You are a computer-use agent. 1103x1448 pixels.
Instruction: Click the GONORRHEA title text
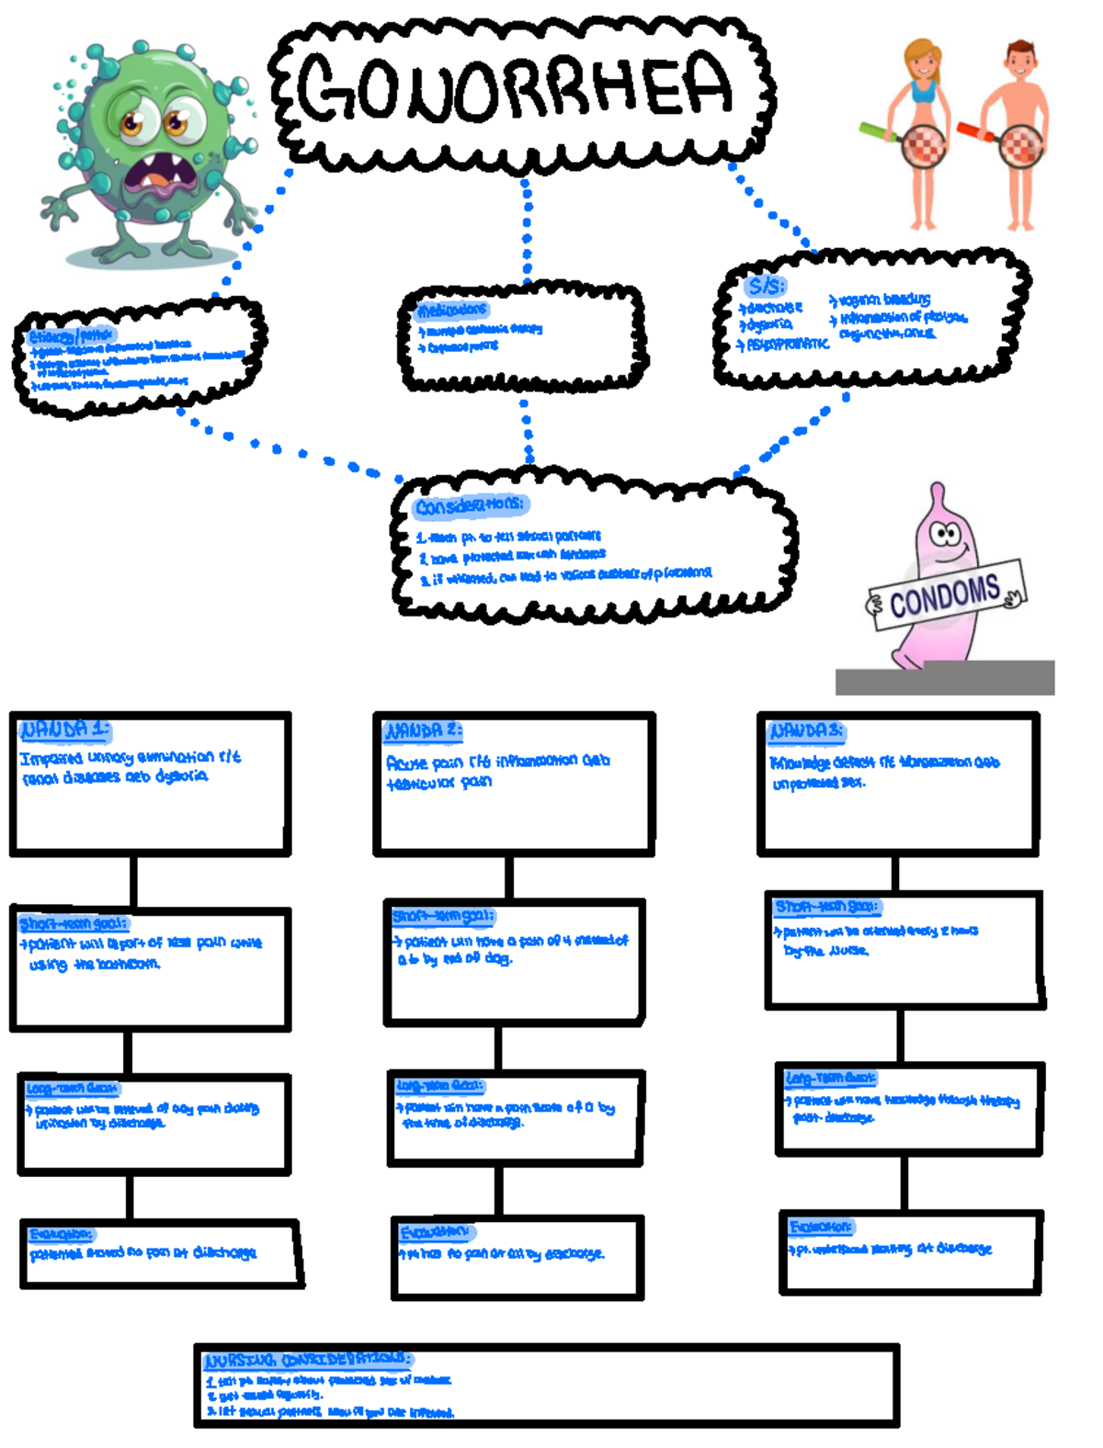pos(515,87)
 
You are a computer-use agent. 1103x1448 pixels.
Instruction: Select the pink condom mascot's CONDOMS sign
pos(945,594)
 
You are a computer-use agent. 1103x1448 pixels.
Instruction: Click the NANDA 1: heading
pos(64,730)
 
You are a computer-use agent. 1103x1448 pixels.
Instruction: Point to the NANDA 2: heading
pos(423,731)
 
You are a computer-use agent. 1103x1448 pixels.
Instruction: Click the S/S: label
pos(765,286)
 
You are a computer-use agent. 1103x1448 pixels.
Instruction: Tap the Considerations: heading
pos(470,506)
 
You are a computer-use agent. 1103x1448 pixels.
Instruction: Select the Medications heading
pos(451,310)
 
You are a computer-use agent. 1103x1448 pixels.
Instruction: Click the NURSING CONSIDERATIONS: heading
pos(308,1360)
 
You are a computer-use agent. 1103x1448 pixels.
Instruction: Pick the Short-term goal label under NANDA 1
pos(74,923)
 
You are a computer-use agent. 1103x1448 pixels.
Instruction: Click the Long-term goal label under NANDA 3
pos(831,1077)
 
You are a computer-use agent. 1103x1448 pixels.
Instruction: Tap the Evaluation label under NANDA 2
pos(435,1231)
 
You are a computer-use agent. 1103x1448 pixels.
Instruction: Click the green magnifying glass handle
pos(878,132)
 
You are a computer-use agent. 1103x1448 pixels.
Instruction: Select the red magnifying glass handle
pos(976,132)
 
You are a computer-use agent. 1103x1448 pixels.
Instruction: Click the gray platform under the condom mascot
pos(945,678)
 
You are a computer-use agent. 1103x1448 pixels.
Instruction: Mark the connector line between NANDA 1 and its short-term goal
pos(134,881)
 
